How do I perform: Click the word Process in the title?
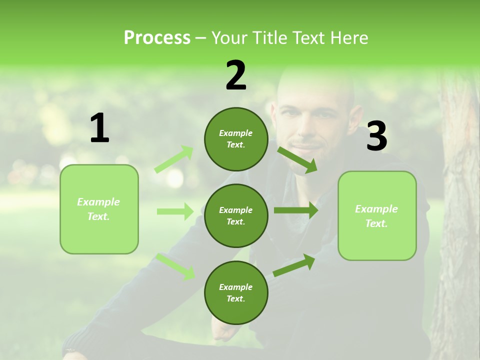click(157, 37)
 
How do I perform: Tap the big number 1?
click(99, 128)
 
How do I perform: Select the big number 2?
click(236, 75)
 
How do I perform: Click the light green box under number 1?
click(99, 209)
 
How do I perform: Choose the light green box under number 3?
click(377, 215)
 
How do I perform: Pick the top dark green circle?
click(236, 139)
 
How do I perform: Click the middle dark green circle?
click(236, 215)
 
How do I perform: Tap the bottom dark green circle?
click(236, 292)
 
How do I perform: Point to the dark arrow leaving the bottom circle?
click(294, 265)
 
